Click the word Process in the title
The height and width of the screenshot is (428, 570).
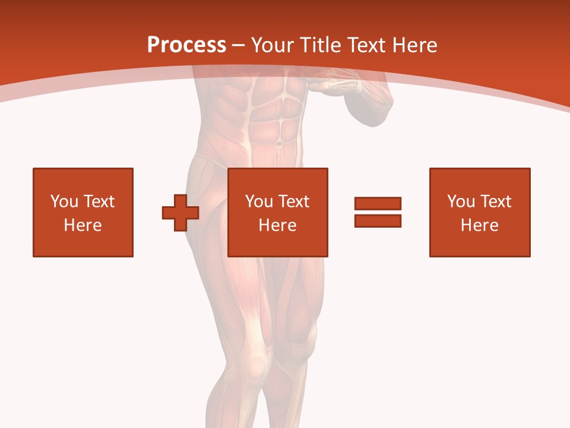click(x=186, y=45)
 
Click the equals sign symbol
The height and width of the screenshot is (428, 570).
click(x=378, y=212)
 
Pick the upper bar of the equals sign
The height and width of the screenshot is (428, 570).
click(x=378, y=204)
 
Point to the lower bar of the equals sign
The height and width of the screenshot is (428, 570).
click(x=378, y=221)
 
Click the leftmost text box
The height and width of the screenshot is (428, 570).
click(x=83, y=212)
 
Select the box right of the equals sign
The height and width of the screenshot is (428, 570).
click(x=480, y=212)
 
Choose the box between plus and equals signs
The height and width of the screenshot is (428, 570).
click(x=278, y=212)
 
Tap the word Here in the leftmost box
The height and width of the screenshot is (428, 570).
click(x=83, y=225)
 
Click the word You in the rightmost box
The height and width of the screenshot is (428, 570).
click(x=461, y=202)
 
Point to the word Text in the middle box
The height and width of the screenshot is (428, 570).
click(x=294, y=202)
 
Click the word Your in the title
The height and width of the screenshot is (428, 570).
click(x=273, y=45)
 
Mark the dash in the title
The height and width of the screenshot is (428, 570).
click(x=239, y=45)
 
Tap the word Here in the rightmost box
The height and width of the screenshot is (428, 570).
click(x=480, y=225)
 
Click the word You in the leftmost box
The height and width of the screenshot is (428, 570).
click(x=64, y=202)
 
